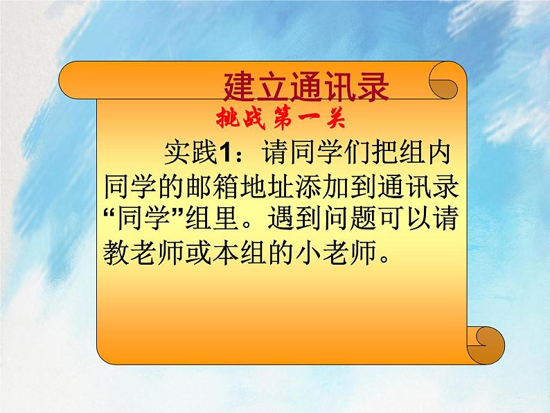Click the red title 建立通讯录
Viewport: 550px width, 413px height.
pos(307,89)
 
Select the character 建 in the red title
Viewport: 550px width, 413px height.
pos(240,89)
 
